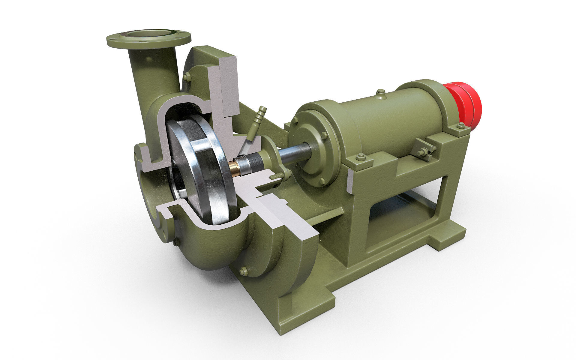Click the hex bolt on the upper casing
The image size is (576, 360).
[x=187, y=77]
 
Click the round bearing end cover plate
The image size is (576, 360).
[x=312, y=147]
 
